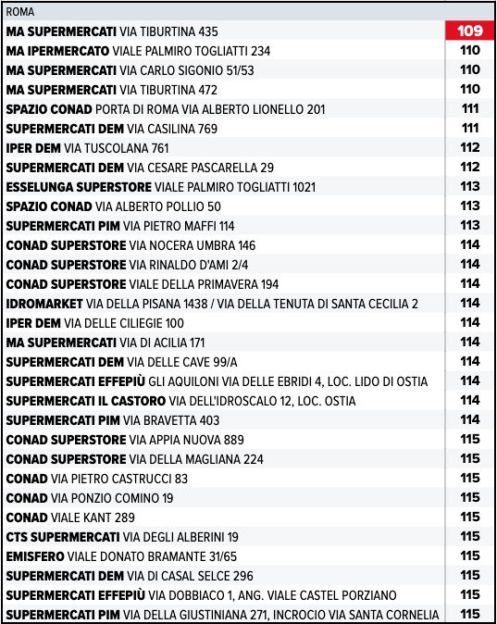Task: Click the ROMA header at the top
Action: [20, 12]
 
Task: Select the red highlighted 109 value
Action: [469, 31]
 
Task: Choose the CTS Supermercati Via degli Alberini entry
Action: [122, 537]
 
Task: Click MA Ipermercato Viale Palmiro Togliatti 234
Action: [138, 51]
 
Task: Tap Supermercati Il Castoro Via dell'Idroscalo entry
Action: [180, 401]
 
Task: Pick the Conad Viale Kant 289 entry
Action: [70, 518]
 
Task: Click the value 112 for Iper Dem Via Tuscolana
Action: [469, 148]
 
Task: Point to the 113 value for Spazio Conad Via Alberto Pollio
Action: [469, 206]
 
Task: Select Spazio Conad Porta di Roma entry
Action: [166, 109]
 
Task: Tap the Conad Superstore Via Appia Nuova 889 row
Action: [125, 440]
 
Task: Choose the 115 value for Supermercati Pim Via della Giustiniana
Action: [469, 615]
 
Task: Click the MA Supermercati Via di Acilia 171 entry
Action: [106, 343]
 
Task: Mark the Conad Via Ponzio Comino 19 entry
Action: [89, 498]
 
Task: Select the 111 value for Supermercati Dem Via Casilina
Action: [469, 129]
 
